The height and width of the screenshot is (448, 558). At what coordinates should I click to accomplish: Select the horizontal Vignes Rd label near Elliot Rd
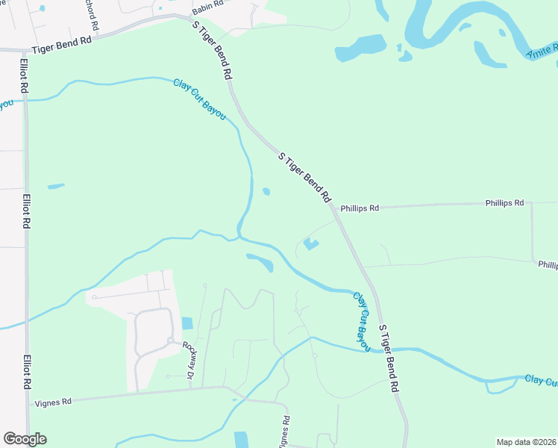point(53,402)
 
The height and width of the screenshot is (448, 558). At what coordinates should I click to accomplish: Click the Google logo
point(25,439)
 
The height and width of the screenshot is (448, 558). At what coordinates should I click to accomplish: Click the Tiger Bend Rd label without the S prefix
point(61,43)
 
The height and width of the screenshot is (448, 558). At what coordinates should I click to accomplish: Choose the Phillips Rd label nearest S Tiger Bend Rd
point(360,208)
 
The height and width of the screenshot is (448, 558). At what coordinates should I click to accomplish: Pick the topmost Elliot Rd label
point(25,75)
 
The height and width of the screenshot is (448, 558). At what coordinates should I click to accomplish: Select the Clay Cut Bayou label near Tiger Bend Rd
point(199,99)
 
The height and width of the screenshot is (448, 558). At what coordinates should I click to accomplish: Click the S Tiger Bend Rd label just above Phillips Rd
point(304,178)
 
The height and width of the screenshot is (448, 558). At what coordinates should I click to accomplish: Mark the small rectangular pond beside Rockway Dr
point(186,323)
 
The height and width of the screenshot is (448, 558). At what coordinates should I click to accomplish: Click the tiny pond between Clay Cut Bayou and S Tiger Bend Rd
point(266,192)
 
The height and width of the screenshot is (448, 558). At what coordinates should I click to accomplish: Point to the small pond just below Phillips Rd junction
point(311,243)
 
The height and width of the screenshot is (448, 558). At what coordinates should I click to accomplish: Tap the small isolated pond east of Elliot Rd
point(56,186)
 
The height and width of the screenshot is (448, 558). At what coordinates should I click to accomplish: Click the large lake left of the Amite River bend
point(361,48)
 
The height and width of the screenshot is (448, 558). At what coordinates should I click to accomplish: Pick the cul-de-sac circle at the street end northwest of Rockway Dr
point(95,297)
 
